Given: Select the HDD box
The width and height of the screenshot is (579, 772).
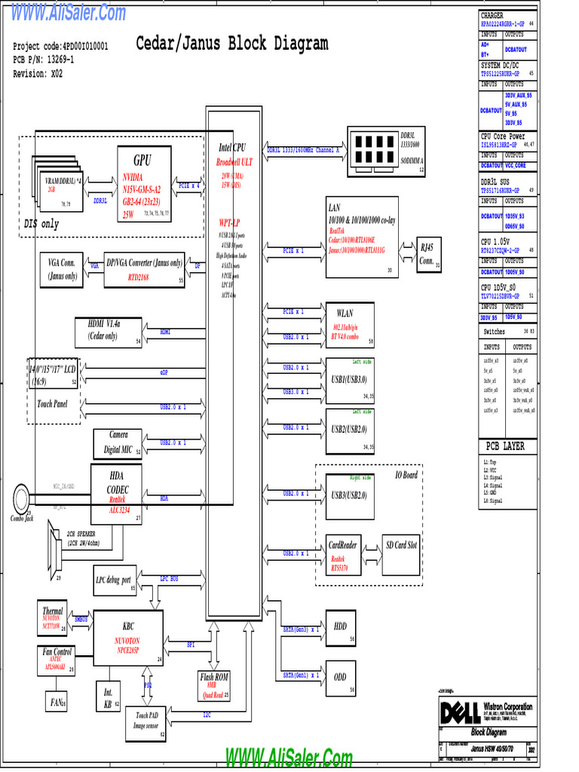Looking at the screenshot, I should pos(340,628).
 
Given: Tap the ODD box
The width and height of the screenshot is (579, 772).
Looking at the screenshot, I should pos(340,678).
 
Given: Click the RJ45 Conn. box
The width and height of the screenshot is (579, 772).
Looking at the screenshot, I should pos(428,255).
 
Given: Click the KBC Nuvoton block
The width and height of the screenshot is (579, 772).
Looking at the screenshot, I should pos(128,638).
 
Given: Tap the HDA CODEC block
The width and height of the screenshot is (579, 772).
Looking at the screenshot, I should pos(117,494).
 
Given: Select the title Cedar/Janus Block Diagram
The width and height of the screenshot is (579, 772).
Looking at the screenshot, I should pos(232,44).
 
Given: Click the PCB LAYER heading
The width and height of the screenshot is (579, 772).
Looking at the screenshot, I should pos(504,446).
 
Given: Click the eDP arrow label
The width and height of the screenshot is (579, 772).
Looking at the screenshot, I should pos(164,372).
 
